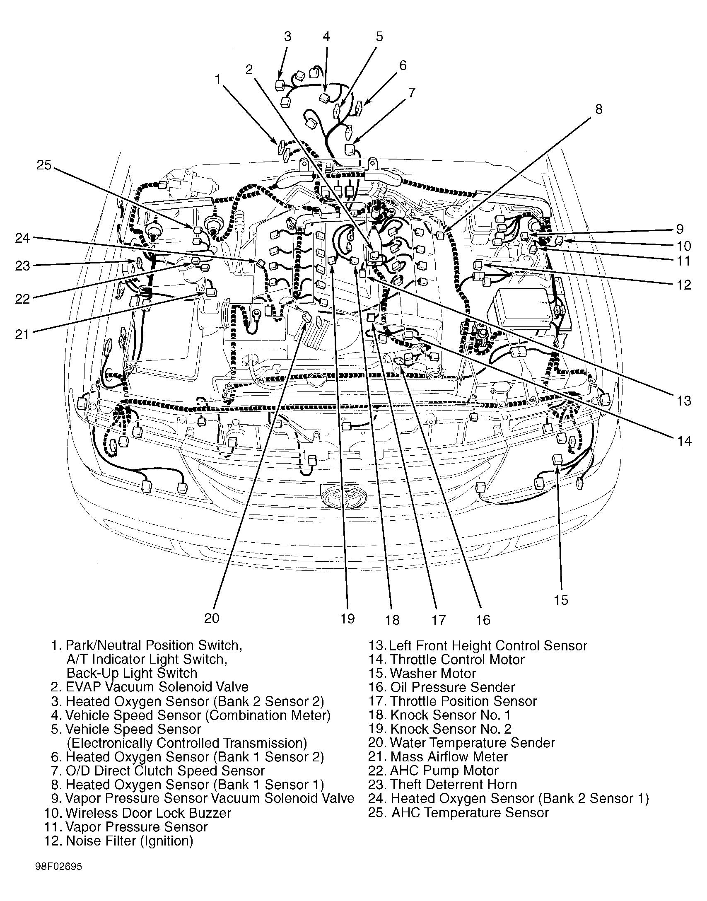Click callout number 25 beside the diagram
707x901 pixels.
tap(44, 165)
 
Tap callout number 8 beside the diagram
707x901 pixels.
tap(599, 110)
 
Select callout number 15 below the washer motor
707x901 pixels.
tap(561, 600)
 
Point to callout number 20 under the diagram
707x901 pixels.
tap(212, 618)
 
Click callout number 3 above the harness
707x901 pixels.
tap(287, 36)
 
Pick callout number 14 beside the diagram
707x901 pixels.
tap(685, 441)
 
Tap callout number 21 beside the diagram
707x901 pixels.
tap(22, 334)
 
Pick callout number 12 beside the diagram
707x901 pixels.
tap(685, 285)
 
